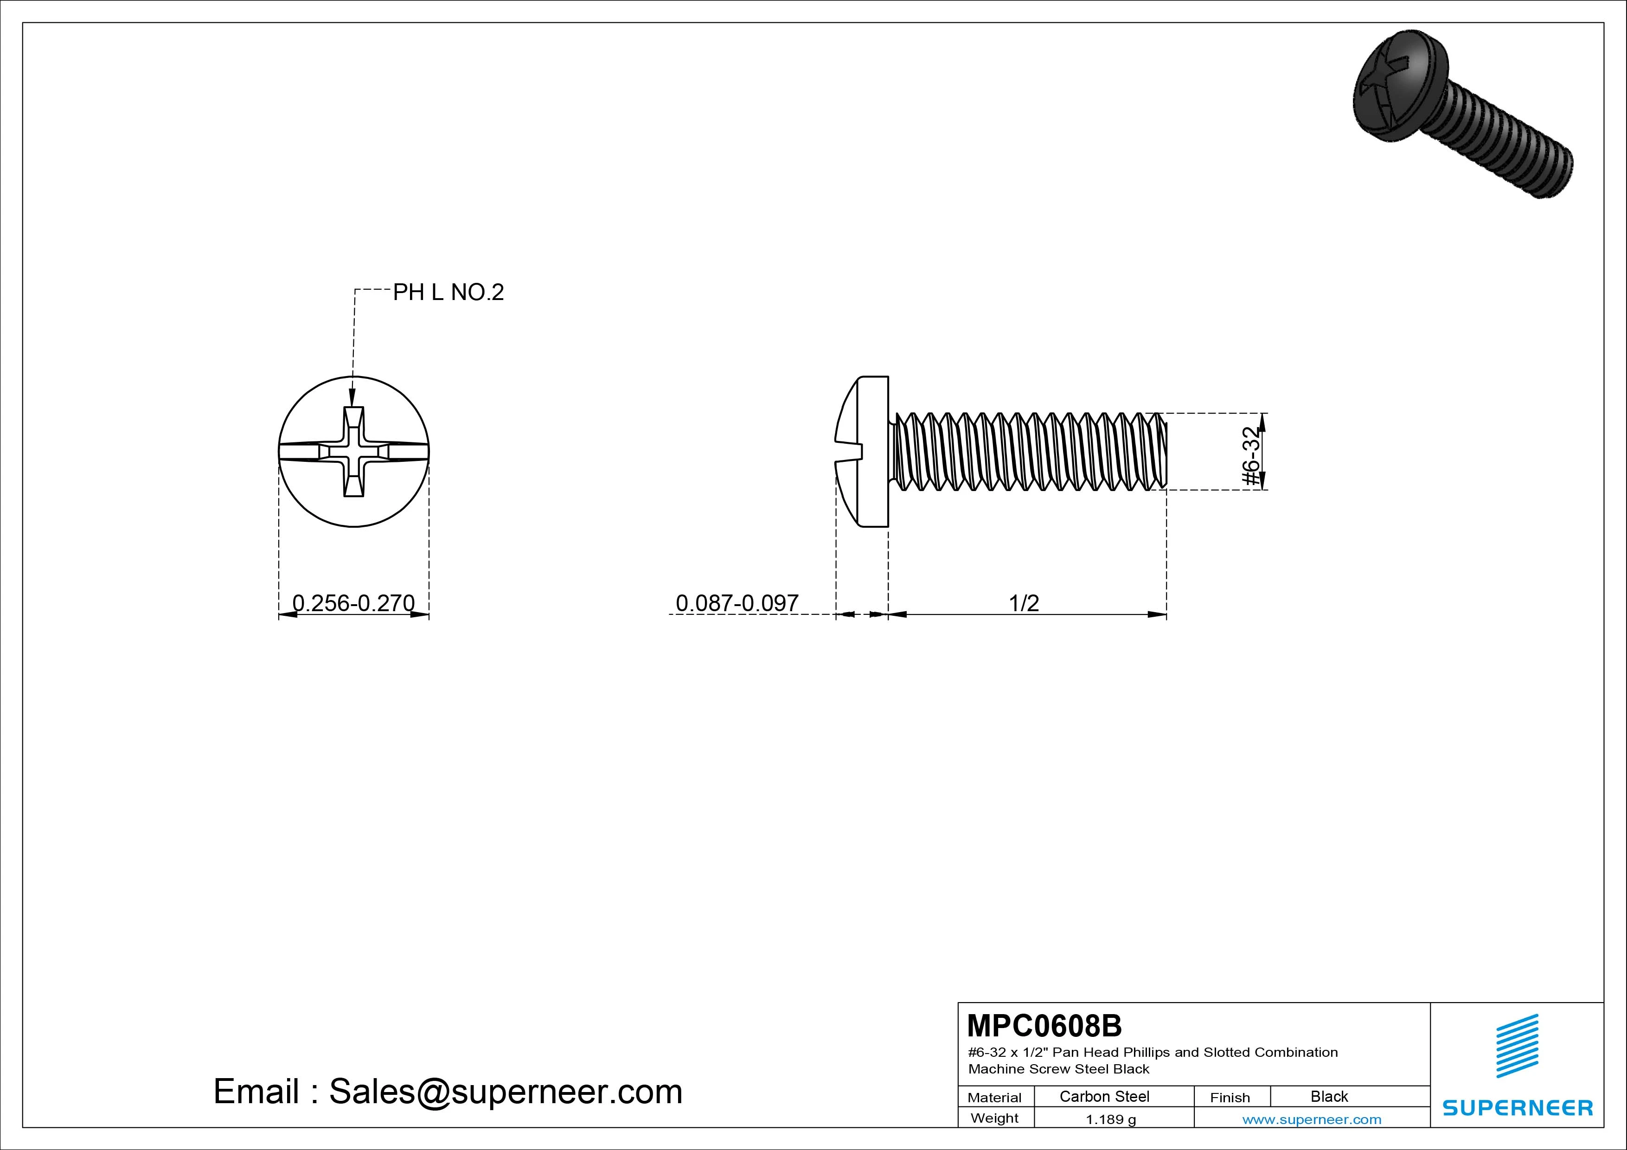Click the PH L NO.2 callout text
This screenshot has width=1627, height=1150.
pyautogui.click(x=448, y=292)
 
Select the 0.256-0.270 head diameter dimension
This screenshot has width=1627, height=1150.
pyautogui.click(x=353, y=603)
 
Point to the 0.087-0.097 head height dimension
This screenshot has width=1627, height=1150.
pyautogui.click(x=737, y=603)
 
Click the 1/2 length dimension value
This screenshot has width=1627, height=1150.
pyautogui.click(x=1024, y=603)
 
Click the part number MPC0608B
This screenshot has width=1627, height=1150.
pyautogui.click(x=1044, y=1025)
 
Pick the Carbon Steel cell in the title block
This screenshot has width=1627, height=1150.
pyautogui.click(x=1104, y=1096)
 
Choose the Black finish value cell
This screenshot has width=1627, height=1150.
pyautogui.click(x=1329, y=1096)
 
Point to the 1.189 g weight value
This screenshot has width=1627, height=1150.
pyautogui.click(x=1110, y=1119)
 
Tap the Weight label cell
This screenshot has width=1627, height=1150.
pyautogui.click(x=994, y=1118)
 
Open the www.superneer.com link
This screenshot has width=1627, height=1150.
pyautogui.click(x=1312, y=1119)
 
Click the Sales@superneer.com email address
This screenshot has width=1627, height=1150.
pyautogui.click(x=505, y=1092)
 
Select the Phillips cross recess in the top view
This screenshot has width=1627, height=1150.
pyautogui.click(x=353, y=451)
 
